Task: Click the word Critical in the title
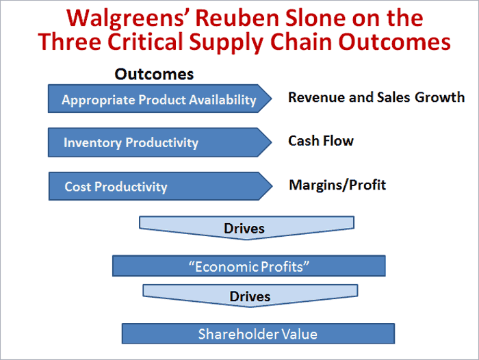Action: [145, 42]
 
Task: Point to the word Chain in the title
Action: [300, 42]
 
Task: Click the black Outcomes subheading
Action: [154, 75]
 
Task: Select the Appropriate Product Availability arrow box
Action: [159, 99]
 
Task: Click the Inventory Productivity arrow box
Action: [159, 142]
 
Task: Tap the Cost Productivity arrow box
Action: [160, 186]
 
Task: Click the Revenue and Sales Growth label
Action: [376, 97]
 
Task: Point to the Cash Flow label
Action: [321, 141]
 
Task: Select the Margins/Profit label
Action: [337, 185]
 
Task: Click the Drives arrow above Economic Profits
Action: [246, 228]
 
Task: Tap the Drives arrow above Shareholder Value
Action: [250, 296]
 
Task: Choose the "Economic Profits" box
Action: [248, 266]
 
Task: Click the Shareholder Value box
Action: [258, 334]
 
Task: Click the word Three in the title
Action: [70, 42]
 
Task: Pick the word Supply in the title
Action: [226, 42]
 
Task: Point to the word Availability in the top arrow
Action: [222, 100]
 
